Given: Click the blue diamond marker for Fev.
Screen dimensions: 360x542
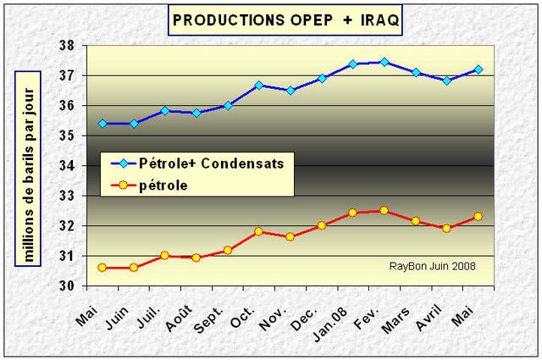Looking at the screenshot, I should pos(384,62).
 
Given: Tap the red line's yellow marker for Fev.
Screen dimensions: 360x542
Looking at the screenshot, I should pos(384,210).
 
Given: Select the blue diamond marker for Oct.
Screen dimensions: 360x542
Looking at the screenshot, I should pos(259,86).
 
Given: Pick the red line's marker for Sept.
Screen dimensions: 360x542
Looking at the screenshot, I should pos(228,250).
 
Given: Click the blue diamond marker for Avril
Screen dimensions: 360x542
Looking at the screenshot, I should pos(446,80).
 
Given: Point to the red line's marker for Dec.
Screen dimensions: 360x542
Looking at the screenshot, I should pos(322,225).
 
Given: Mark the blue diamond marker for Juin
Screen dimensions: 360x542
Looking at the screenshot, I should pos(134,124).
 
